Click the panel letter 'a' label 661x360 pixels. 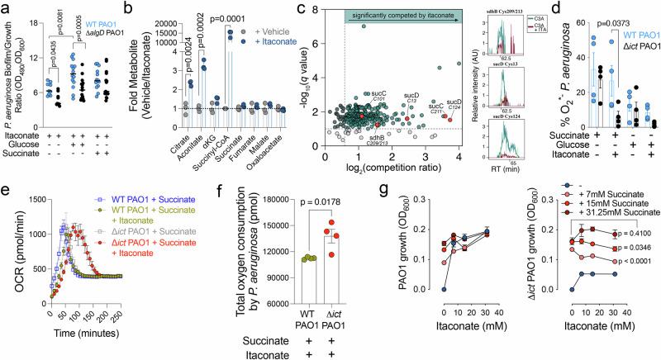(7, 8)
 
